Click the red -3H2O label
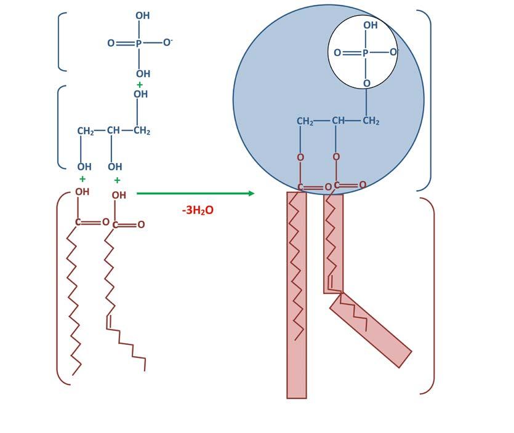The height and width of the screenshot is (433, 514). tap(198, 210)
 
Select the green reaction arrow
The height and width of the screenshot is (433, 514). tap(195, 193)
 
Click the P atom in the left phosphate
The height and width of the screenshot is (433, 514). tap(139, 43)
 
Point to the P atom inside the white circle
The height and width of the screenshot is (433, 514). tap(365, 53)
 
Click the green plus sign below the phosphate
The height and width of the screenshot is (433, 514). tap(140, 85)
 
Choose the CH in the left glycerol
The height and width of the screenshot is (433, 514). tap(113, 130)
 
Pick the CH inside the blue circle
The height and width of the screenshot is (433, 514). tap(338, 121)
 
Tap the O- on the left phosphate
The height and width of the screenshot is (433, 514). tap(167, 42)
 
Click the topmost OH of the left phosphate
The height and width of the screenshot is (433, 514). tap(143, 15)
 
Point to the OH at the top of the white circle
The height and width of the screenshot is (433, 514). tap(370, 25)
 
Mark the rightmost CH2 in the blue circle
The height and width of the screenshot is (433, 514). tap(371, 121)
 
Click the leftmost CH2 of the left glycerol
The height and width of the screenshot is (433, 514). tap(86, 131)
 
